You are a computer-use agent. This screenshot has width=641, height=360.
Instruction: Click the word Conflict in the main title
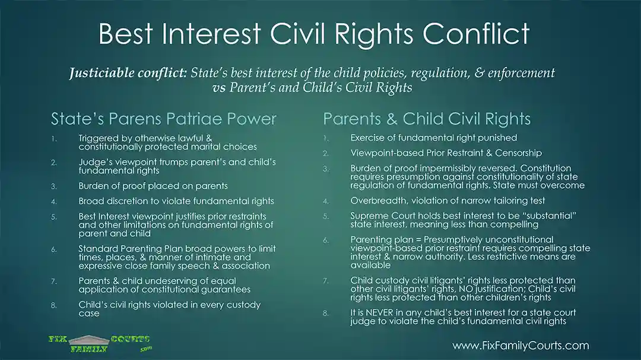[x=476, y=33]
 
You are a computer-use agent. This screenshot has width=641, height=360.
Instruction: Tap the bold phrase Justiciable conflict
[x=128, y=73]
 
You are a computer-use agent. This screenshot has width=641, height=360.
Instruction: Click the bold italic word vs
[x=219, y=87]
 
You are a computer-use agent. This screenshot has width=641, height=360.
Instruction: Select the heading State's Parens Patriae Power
[x=164, y=119]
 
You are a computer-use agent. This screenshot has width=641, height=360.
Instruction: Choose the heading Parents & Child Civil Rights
[x=427, y=119]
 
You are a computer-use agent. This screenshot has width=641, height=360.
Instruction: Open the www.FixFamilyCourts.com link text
[x=521, y=346]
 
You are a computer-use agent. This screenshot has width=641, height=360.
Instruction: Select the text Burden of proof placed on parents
[x=153, y=186]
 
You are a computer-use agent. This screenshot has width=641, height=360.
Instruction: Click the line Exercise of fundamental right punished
[x=434, y=138]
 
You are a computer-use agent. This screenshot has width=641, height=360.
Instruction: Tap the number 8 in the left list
[x=53, y=305]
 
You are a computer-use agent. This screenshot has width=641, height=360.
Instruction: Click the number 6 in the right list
[x=326, y=240]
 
